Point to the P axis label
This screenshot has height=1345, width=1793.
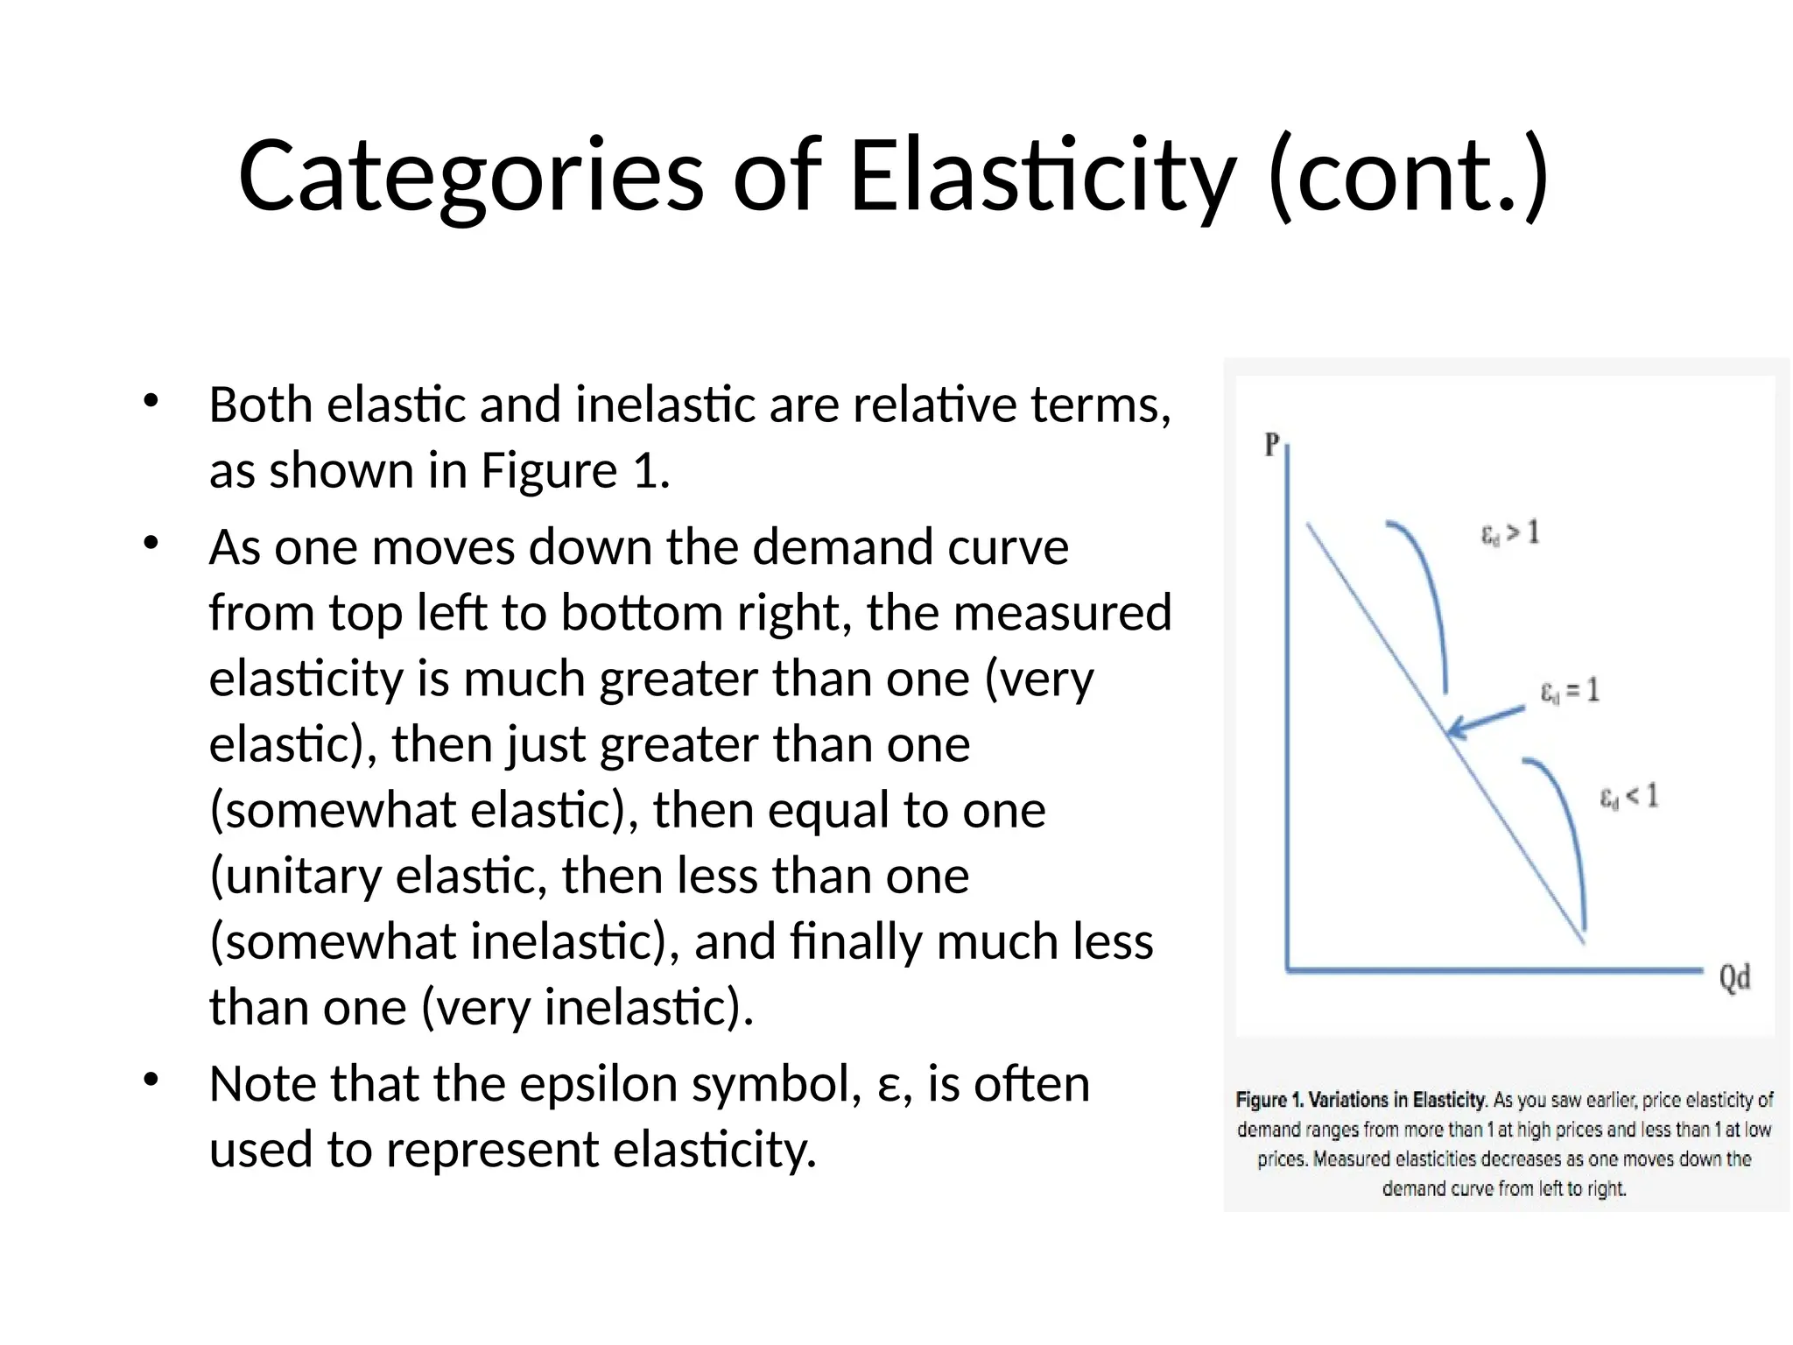point(1272,445)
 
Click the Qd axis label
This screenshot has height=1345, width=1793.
point(1734,977)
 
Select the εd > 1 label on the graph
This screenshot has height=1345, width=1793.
point(1509,532)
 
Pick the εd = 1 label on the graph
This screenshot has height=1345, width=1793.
point(1570,691)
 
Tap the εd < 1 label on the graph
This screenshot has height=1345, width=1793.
point(1629,796)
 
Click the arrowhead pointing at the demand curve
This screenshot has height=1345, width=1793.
point(1456,729)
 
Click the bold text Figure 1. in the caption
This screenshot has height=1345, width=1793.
point(1269,1100)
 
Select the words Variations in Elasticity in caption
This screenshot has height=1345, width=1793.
point(1397,1100)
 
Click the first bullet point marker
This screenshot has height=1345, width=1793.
point(151,402)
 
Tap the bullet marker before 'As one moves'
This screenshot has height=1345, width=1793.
point(151,544)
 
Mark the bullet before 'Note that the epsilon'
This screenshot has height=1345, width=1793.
point(151,1080)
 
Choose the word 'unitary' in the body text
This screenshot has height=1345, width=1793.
point(296,876)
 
